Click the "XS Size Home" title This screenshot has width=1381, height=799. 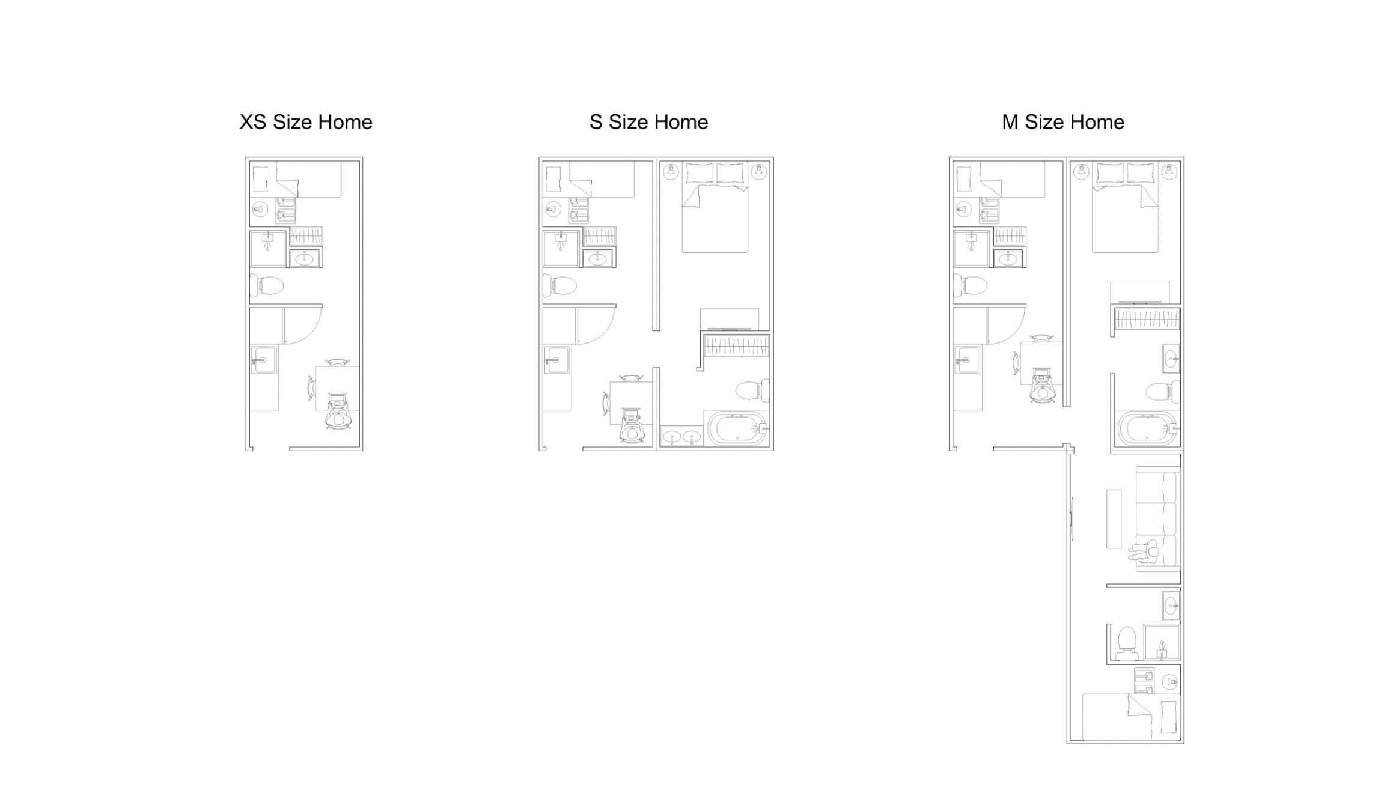[306, 122]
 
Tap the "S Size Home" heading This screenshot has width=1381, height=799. [648, 122]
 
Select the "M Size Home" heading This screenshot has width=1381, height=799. [1062, 122]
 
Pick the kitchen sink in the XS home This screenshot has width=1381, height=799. [263, 360]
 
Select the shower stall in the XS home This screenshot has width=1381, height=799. [268, 248]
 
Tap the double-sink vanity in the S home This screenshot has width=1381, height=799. [681, 436]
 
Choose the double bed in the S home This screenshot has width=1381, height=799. [715, 207]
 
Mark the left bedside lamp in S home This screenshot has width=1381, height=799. [671, 172]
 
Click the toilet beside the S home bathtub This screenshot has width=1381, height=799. [752, 390]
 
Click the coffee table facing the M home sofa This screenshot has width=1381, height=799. [1114, 519]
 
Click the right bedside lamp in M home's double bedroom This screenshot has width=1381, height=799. [1169, 172]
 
